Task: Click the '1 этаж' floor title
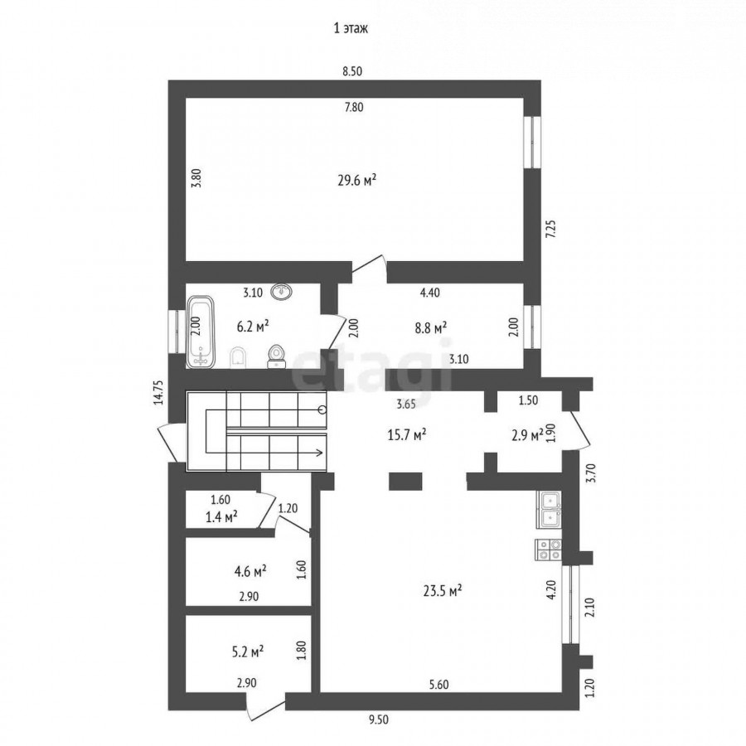[x=351, y=28]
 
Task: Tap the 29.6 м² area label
[x=357, y=181]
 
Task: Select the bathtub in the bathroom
[x=201, y=332]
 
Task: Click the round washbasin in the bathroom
[x=282, y=291]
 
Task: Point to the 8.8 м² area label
[x=430, y=327]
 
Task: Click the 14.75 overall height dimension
[x=159, y=392]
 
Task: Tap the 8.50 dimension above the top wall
[x=352, y=71]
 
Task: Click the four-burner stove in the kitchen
[x=549, y=549]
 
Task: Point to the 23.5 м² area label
[x=443, y=591]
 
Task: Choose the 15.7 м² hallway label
[x=407, y=435]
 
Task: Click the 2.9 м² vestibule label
[x=527, y=435]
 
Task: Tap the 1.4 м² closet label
[x=221, y=516]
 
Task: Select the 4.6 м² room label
[x=250, y=571]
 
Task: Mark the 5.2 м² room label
[x=248, y=652]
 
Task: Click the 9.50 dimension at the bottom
[x=378, y=719]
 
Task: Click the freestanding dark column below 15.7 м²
[x=405, y=481]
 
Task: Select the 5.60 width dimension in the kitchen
[x=438, y=685]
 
